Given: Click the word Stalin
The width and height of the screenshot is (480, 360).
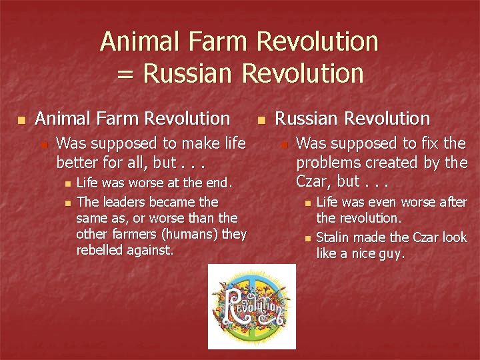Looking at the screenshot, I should point(331,237).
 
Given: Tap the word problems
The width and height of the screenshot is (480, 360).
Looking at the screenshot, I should point(327,162).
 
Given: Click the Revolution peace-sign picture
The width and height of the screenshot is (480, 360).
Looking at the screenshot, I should point(251,306).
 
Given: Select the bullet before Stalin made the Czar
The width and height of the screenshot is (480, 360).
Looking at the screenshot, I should point(307,238).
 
